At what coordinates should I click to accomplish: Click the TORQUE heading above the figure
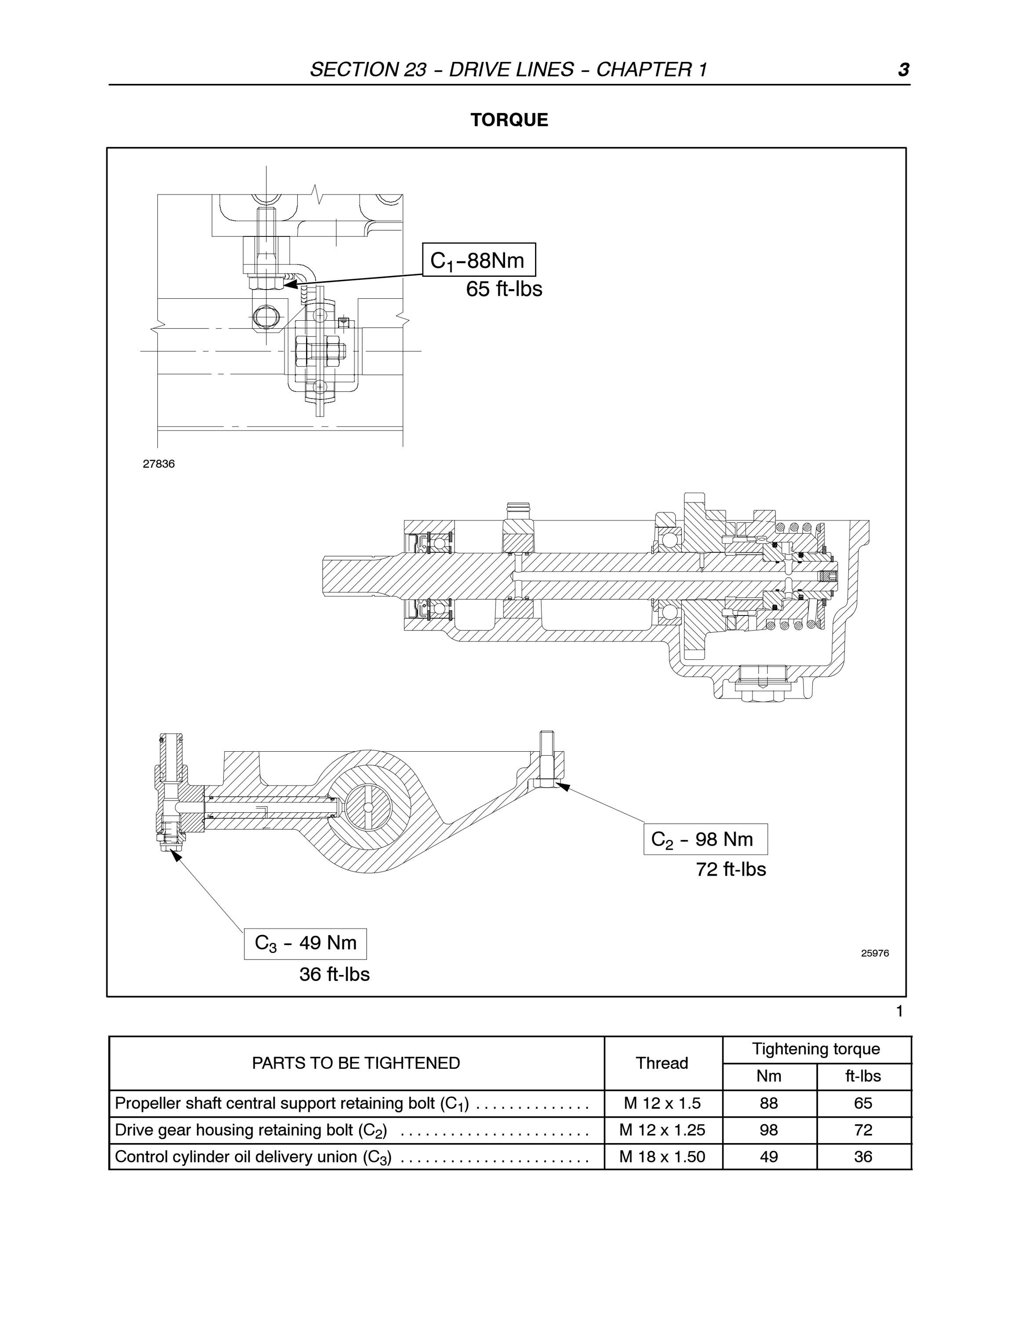(x=509, y=119)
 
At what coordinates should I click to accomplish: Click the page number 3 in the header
(x=903, y=70)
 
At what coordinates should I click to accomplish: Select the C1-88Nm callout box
(x=479, y=260)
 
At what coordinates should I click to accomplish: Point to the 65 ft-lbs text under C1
(x=504, y=289)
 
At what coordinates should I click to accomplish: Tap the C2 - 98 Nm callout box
(x=706, y=839)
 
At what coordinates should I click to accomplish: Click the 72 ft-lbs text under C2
(x=731, y=869)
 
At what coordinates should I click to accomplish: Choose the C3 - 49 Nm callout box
(x=306, y=944)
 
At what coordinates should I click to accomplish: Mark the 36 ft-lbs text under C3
(x=335, y=974)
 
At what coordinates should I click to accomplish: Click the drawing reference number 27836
(x=159, y=464)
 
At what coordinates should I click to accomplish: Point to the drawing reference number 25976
(x=875, y=953)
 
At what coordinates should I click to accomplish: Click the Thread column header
(x=662, y=1063)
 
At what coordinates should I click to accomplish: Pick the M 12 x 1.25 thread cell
(x=662, y=1130)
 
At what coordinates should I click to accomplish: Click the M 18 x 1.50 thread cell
(x=662, y=1156)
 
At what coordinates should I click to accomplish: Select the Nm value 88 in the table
(x=769, y=1103)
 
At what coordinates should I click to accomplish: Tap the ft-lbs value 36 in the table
(x=863, y=1156)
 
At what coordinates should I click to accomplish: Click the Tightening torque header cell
(x=816, y=1049)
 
